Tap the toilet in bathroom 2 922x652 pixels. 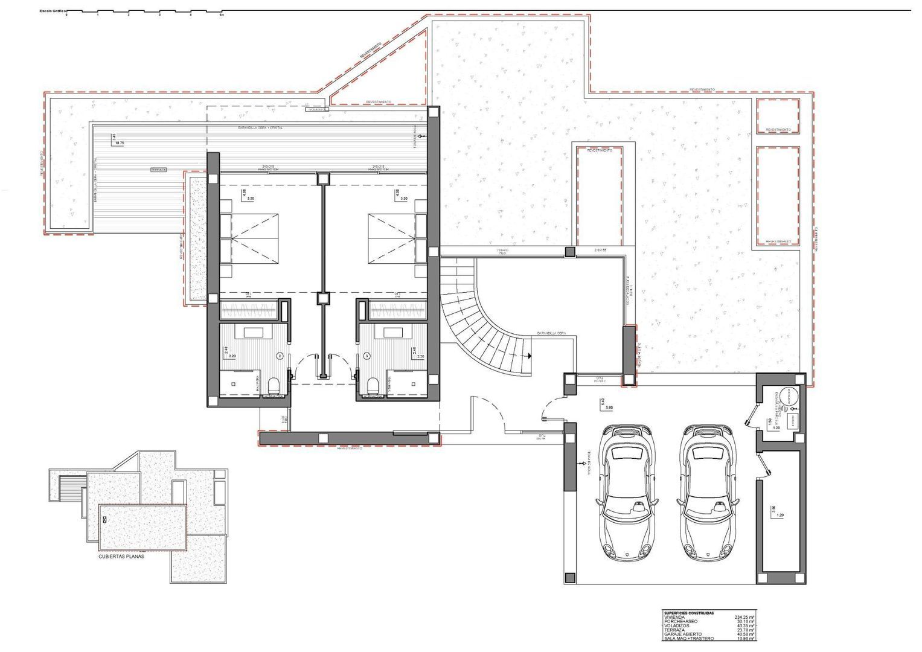[x=273, y=385]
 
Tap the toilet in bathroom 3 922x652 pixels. [x=373, y=385]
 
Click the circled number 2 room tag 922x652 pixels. [x=280, y=356]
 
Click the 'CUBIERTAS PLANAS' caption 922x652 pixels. [x=121, y=557]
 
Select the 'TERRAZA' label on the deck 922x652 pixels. [x=159, y=170]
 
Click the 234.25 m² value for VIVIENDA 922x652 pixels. [x=744, y=617]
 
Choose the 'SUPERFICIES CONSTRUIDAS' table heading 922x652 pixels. [x=688, y=613]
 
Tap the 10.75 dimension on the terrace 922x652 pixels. [x=118, y=143]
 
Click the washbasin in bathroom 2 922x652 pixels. [x=252, y=332]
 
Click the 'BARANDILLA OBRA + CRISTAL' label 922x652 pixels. [x=260, y=129]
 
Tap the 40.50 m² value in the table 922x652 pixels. [x=746, y=634]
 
